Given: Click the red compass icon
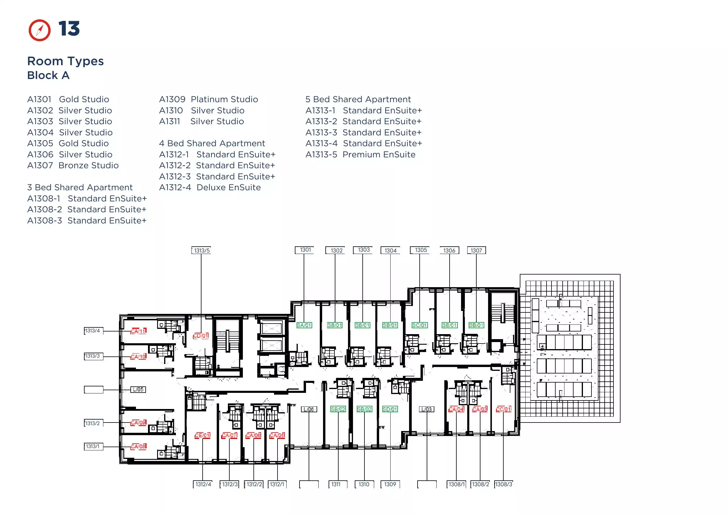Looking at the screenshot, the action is [39, 31].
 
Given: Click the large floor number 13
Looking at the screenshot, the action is [69, 28].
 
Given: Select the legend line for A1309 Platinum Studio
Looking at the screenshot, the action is [209, 99].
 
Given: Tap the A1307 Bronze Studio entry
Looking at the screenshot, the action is [73, 165].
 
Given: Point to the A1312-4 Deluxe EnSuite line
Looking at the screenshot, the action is [210, 187].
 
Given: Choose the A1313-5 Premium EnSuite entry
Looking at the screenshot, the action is [360, 154].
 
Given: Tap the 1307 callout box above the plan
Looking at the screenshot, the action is [476, 250].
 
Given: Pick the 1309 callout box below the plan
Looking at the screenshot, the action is [390, 484].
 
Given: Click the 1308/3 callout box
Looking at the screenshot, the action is [503, 484].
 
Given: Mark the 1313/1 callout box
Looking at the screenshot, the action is [94, 447].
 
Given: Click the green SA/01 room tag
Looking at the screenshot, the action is [304, 325].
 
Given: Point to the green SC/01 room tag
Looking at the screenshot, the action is [420, 325].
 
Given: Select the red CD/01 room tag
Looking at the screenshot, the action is [201, 336].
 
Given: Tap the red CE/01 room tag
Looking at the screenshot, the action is [202, 435].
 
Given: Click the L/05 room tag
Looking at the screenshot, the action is [138, 389].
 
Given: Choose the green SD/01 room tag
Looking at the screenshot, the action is [390, 409].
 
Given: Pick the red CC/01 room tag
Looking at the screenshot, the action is [503, 409].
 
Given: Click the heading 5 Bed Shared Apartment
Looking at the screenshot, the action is [358, 99].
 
